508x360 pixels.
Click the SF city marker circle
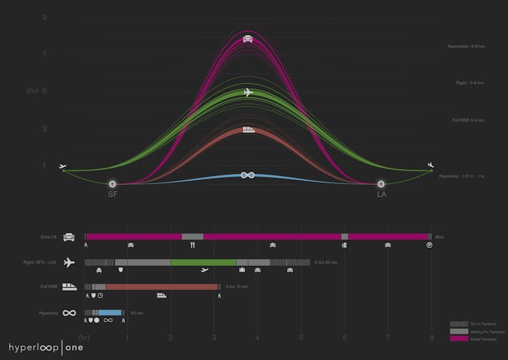[113, 183]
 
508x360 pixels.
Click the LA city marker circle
[381, 183]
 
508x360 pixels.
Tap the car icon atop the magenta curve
[248, 38]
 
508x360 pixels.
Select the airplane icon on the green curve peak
[248, 92]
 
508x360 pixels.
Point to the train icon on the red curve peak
[249, 128]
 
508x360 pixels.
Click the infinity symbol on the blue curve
[248, 175]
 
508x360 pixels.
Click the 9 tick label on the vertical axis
[45, 16]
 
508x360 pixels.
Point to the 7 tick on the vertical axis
[45, 54]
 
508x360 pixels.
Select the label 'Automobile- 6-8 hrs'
[466, 46]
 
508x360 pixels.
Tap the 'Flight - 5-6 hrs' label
[470, 83]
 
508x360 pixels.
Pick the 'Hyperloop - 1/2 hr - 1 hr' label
[462, 177]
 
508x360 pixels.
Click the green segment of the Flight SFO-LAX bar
[203, 262]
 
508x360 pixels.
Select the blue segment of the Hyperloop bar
[111, 313]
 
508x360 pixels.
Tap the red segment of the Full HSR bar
[161, 287]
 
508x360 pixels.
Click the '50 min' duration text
[137, 313]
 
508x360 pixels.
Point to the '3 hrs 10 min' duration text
[236, 287]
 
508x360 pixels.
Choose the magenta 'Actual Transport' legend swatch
[458, 339]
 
